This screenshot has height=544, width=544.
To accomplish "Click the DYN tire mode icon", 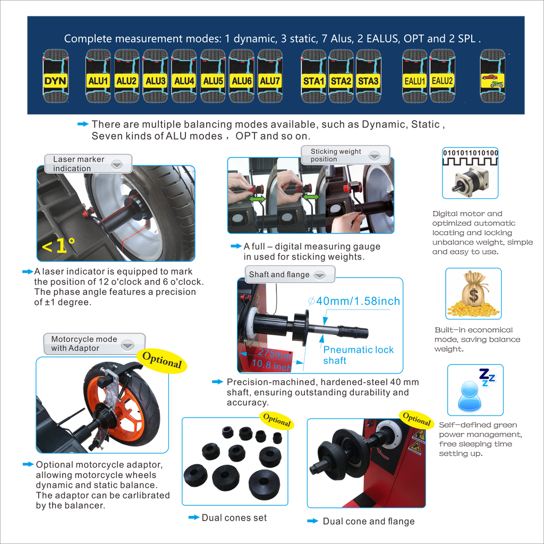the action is tap(55, 76).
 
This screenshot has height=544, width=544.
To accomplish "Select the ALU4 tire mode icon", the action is tap(184, 76).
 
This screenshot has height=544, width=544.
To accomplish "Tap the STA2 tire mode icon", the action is tap(341, 76).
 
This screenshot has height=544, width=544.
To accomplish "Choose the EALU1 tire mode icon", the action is tap(414, 76).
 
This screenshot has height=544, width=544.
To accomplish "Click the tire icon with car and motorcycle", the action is tap(492, 76).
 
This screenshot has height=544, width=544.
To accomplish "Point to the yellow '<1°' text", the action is tap(58, 245).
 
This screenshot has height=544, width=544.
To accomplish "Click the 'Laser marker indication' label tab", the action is tap(88, 164).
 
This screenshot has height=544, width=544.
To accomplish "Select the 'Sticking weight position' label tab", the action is tap(345, 155).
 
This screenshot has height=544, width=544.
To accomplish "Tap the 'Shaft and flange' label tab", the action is tap(290, 275).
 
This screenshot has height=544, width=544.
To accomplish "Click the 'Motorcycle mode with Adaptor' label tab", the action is tap(94, 344).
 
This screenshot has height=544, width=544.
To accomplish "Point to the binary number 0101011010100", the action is tap(471, 152).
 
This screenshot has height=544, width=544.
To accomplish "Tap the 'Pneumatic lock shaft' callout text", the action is tap(359, 355).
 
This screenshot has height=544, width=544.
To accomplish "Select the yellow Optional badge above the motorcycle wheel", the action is tap(162, 360).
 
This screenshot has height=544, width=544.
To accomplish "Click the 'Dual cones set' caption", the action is tap(234, 517).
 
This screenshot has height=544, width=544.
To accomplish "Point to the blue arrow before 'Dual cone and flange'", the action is tap(312, 521).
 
